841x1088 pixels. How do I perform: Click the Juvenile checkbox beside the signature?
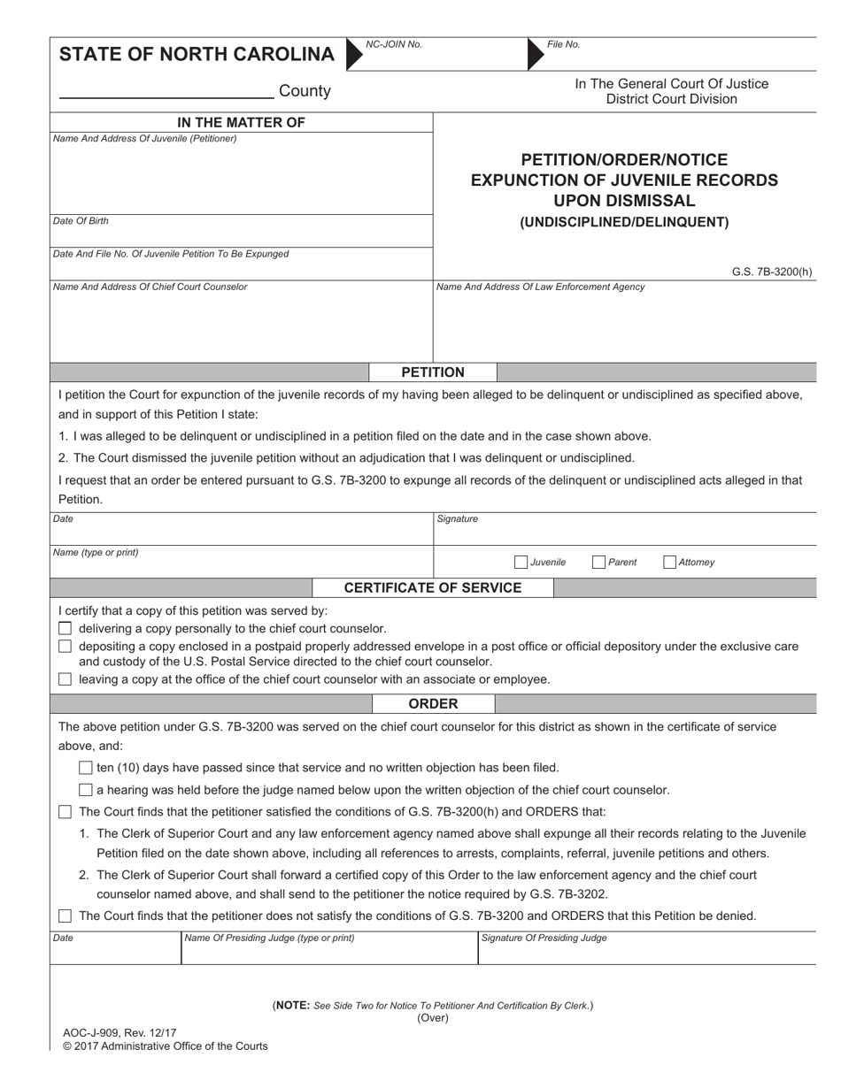(521, 562)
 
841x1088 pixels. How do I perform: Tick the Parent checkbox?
(598, 562)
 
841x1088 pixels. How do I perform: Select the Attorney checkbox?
(669, 562)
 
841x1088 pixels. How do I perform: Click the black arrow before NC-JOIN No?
(354, 54)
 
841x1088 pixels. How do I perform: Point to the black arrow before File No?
(536, 54)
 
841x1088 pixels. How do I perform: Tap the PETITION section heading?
(433, 372)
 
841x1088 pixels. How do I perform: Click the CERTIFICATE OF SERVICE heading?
(433, 588)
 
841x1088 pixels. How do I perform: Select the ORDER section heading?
(433, 704)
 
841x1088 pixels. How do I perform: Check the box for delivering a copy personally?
(65, 629)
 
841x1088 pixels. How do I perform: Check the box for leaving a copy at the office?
(65, 679)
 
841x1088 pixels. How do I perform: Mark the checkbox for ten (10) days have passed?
(85, 768)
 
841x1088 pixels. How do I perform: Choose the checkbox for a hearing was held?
(85, 790)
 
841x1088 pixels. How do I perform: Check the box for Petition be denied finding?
(65, 916)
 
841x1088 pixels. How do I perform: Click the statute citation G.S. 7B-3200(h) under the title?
(771, 272)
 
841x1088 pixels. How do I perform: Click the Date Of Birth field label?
(81, 221)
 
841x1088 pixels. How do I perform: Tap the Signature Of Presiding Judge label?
(544, 938)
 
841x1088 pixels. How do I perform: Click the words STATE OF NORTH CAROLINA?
(197, 55)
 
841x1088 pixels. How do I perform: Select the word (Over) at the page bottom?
(433, 1018)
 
